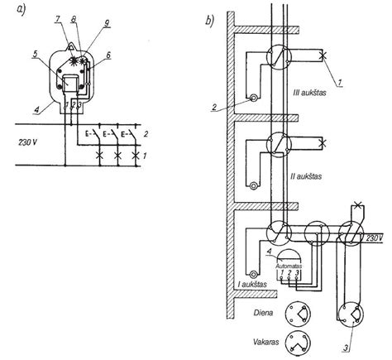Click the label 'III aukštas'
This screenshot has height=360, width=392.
click(309, 92)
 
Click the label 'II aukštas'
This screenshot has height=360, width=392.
click(306, 176)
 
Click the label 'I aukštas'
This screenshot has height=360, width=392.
click(252, 284)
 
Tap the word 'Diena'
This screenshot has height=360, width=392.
click(263, 313)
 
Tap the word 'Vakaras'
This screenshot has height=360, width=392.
click(266, 342)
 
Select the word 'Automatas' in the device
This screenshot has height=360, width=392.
click(289, 266)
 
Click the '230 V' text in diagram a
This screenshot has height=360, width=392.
click(28, 142)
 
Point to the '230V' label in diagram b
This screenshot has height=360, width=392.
click(375, 238)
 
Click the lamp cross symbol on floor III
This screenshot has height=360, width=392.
click(322, 55)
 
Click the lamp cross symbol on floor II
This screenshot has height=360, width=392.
click(322, 143)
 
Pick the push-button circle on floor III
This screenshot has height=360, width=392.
click(253, 98)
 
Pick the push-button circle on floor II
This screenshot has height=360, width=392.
click(253, 186)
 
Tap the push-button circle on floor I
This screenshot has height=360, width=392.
click(253, 274)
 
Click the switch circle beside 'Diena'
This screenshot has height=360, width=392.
click(298, 302)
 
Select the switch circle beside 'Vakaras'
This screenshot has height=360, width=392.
click(298, 331)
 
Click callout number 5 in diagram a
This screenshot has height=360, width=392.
click(35, 54)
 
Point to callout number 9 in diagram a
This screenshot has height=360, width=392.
click(107, 23)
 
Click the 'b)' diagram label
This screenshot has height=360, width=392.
click(209, 21)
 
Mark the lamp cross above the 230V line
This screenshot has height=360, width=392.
click(357, 205)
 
